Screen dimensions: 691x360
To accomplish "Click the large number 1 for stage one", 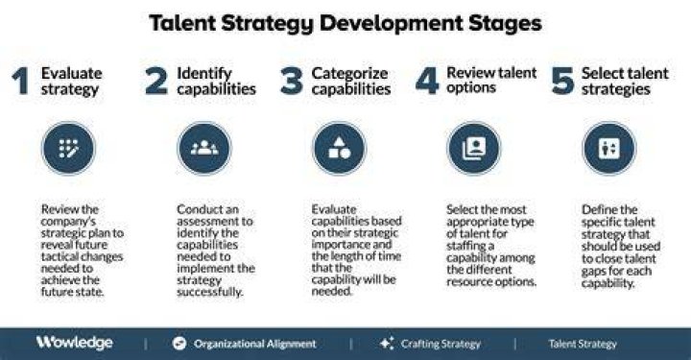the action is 20,81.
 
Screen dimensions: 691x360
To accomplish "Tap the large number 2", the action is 156,81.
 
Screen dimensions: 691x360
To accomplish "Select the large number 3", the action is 292,81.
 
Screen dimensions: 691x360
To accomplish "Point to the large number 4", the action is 427,81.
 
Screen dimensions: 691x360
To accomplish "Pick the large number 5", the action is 562,81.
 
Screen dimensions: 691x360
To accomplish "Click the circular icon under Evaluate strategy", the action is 68,149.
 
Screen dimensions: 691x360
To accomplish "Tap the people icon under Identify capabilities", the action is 204,149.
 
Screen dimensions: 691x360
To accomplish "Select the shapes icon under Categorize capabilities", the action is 340,149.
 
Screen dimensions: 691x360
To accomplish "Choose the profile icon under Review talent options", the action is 474,149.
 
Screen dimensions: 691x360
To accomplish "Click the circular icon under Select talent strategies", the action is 609,149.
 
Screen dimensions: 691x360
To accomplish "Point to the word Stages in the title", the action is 505,24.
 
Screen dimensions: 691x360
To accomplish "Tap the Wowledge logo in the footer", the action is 75,343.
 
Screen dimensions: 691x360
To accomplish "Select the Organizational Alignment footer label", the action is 255,344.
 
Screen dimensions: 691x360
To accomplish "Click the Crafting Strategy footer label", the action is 441,344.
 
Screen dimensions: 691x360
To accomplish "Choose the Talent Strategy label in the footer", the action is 583,344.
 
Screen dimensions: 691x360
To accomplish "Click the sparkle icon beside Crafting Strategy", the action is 387,344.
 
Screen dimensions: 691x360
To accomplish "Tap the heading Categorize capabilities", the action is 351,81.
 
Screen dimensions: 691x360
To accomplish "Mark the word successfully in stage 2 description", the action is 210,292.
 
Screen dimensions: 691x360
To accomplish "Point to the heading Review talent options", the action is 491,80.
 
